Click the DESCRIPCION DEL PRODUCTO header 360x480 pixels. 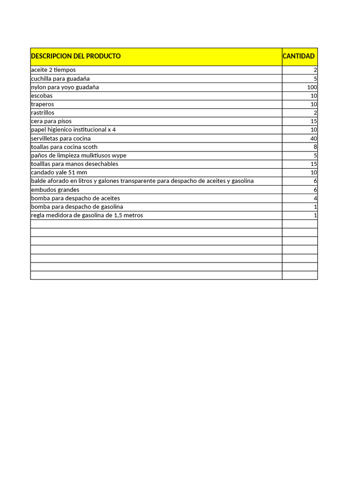[76, 56]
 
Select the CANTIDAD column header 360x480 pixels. [299, 56]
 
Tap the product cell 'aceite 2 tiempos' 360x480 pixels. [53, 70]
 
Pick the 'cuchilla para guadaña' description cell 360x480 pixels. [60, 79]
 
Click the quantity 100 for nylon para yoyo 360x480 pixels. [312, 87]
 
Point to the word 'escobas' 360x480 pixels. [42, 96]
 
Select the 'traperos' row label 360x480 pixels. [42, 104]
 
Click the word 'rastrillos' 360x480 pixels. [43, 112]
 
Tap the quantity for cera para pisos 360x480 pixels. [314, 121]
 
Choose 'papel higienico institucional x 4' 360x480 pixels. [73, 130]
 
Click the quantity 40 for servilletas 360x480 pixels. [314, 139]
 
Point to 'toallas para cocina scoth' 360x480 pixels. [64, 147]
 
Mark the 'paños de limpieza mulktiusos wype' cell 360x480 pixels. [79, 156]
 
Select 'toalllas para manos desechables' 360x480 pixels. [75, 164]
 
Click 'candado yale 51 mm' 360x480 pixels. [59, 172]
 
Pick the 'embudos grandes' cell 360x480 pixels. [55, 190]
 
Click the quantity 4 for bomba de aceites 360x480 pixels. [315, 198]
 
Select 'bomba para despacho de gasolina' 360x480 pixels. [77, 207]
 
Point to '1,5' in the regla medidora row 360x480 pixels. [119, 216]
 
